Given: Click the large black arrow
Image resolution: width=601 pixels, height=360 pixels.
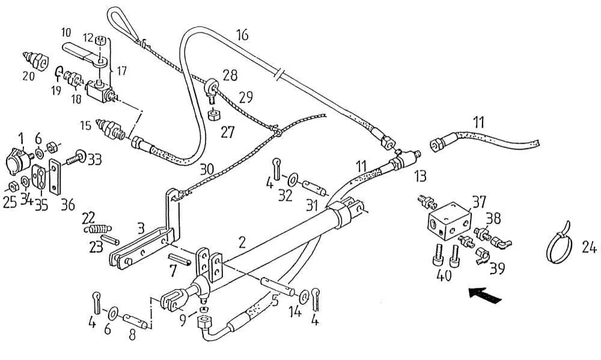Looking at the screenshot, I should click(x=485, y=296).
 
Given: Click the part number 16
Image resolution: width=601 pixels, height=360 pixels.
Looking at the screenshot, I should click(x=242, y=34).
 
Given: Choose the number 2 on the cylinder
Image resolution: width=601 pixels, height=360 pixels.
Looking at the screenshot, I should click(x=242, y=243).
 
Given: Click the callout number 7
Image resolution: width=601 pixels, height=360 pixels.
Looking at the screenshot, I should click(x=173, y=270).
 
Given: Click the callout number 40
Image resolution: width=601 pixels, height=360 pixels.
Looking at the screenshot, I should click(x=444, y=277).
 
